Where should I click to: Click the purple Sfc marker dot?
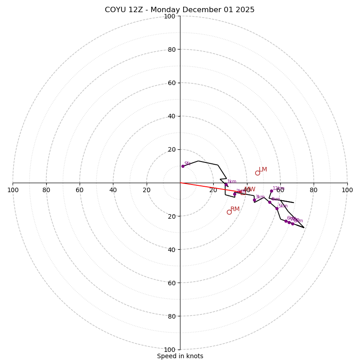click(x=183, y=166)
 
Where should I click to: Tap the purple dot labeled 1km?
click(x=226, y=184)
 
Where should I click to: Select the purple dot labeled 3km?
click(x=254, y=200)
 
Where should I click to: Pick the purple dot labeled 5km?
click(x=277, y=208)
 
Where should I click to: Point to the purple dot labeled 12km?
click(x=271, y=191)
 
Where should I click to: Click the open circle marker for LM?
click(x=257, y=173)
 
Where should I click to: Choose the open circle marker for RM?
click(x=229, y=212)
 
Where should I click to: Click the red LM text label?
click(x=263, y=170)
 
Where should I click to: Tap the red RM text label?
click(x=235, y=209)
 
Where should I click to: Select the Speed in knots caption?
click(x=180, y=356)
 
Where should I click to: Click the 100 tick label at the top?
click(x=170, y=16)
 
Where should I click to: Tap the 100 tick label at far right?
click(x=347, y=190)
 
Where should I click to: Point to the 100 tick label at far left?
click(x=13, y=190)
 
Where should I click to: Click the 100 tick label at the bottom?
click(x=170, y=349)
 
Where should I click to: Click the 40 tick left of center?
click(x=113, y=190)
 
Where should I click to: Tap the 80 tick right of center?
click(x=314, y=190)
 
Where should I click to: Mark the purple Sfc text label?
click(x=187, y=164)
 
